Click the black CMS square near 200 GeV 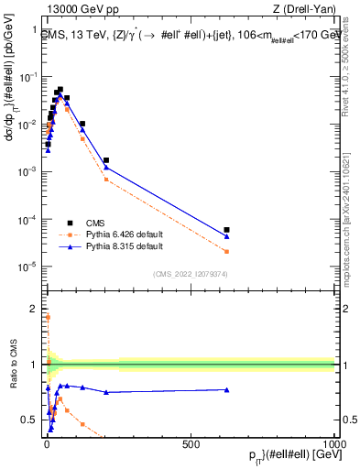106,160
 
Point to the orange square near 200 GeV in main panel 106,180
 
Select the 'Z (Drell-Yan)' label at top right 309,9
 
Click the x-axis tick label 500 191,443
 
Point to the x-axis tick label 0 46,443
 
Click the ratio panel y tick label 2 34,308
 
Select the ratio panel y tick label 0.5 31,420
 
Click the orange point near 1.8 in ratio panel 48,317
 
